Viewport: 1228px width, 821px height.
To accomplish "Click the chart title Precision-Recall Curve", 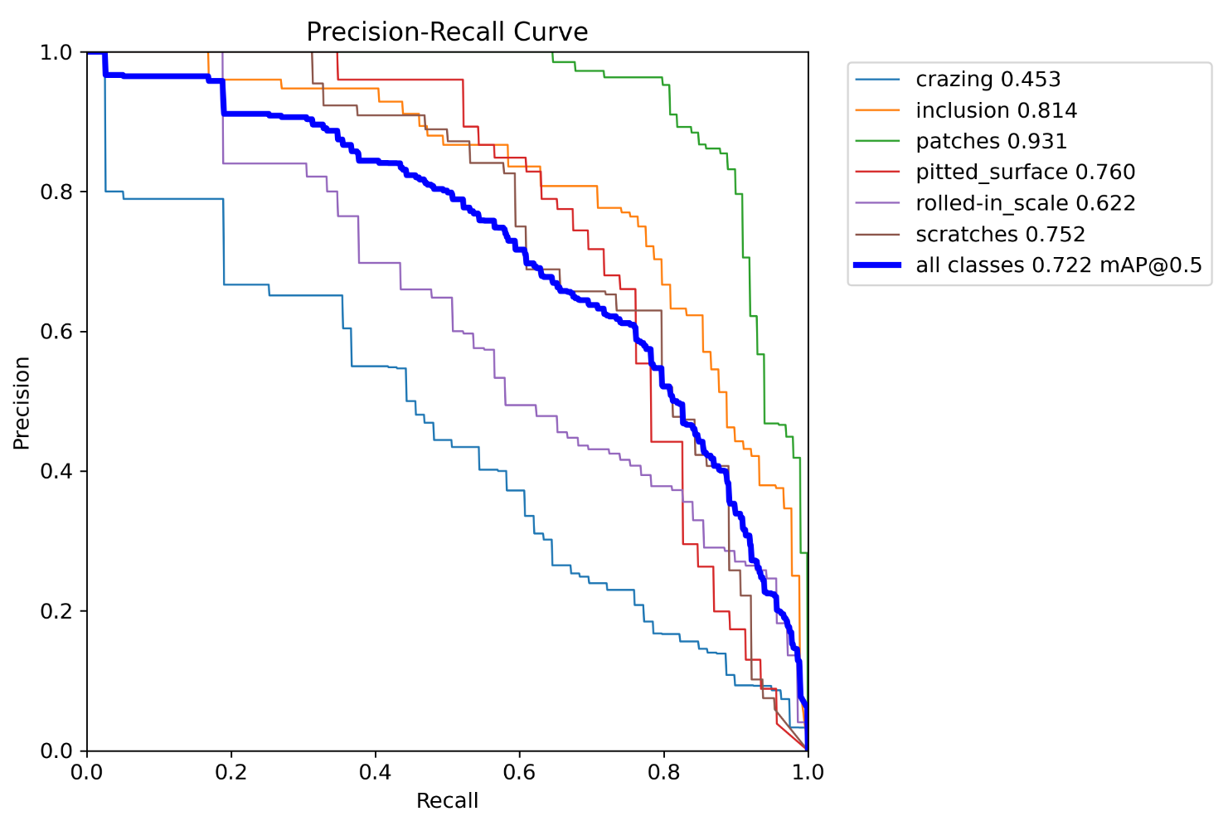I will [x=447, y=32].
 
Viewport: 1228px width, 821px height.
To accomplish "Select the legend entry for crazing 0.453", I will [x=988, y=80].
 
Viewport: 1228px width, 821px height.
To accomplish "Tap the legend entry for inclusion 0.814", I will [x=996, y=110].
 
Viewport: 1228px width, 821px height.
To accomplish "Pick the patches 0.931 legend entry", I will [x=991, y=142].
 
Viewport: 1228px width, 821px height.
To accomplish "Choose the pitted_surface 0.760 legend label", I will [x=1025, y=172].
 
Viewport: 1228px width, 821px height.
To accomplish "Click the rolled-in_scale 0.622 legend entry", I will [x=1025, y=203].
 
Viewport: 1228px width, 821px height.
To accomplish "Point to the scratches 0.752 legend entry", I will [x=1000, y=235].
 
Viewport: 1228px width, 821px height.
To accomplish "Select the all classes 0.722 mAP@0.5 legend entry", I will [x=1058, y=265].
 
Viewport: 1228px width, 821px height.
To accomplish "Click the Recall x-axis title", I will [x=447, y=801].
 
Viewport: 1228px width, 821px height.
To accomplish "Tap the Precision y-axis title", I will [x=22, y=402].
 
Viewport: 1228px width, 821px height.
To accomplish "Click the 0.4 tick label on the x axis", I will [x=375, y=773].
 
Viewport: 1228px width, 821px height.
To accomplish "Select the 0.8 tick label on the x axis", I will [x=663, y=773].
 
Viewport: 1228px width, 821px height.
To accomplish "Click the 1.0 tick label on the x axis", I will [x=808, y=773].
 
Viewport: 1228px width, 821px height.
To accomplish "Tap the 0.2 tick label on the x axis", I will [x=231, y=773].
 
